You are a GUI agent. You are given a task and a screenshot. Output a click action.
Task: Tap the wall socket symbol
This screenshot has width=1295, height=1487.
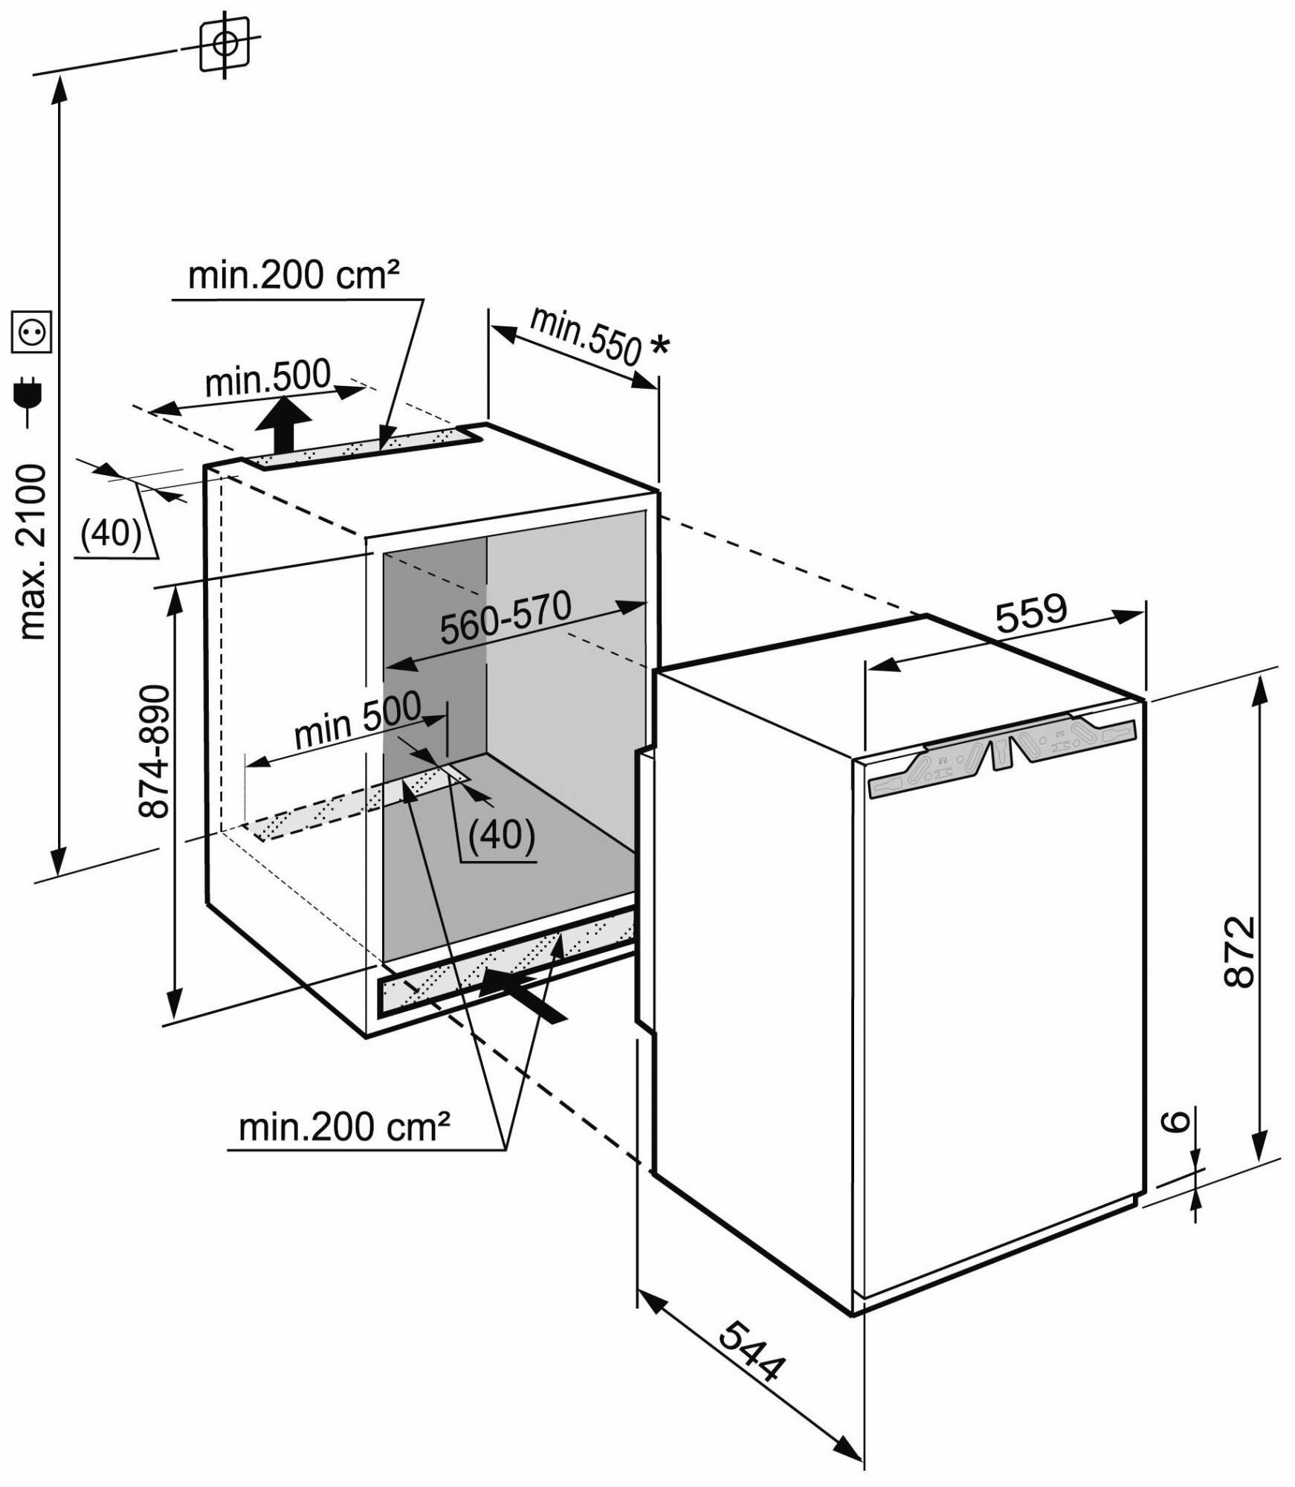click(x=32, y=332)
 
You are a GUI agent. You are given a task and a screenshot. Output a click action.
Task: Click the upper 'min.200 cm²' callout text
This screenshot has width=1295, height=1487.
click(x=294, y=275)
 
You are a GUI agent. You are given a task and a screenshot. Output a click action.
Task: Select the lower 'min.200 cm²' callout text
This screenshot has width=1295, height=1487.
click(x=344, y=1127)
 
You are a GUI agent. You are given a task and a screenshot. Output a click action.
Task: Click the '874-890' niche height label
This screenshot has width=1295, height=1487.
click(x=155, y=752)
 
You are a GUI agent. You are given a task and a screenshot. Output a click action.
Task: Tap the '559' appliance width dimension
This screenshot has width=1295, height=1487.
click(x=1030, y=613)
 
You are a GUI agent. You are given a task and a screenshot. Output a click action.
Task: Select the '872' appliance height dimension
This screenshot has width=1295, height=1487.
click(x=1239, y=951)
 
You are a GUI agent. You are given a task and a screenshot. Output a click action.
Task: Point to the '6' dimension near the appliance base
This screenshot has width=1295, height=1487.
click(x=1176, y=1141)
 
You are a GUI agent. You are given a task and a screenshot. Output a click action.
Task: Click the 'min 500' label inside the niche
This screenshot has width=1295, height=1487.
click(x=358, y=719)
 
